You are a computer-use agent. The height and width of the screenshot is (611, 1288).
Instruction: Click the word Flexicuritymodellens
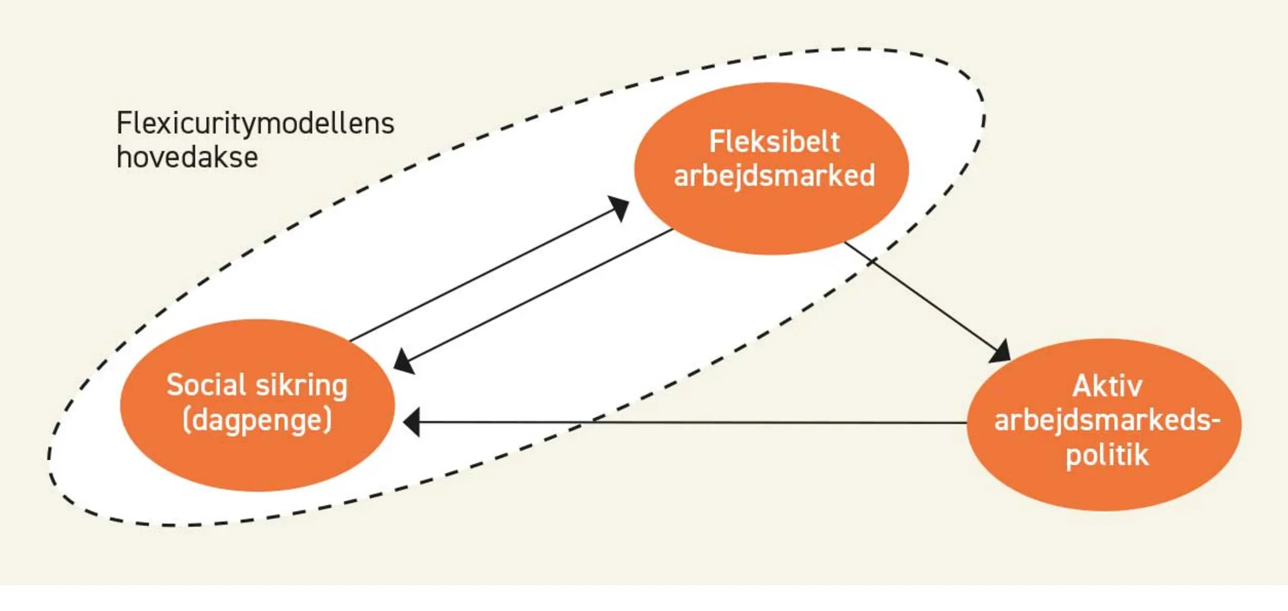(255, 123)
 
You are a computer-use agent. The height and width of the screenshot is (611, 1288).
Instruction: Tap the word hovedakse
(187, 157)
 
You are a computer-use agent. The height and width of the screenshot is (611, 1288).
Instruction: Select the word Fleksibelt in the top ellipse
(774, 142)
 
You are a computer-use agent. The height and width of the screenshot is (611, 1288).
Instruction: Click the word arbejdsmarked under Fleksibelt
(774, 176)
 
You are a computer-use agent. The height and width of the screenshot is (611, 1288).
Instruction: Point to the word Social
(206, 385)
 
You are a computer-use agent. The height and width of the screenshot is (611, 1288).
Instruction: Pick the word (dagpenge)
(257, 420)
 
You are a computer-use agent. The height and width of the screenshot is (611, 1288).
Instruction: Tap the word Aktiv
(1106, 386)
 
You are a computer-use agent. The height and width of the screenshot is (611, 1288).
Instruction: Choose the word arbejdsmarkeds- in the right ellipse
(1106, 420)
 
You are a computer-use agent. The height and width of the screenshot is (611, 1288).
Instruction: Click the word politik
(1106, 455)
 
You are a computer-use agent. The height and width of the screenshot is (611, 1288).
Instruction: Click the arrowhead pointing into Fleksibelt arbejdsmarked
(619, 208)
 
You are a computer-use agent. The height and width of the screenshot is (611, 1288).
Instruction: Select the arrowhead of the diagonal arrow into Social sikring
(404, 361)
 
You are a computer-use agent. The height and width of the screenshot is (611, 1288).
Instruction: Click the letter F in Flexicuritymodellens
(124, 123)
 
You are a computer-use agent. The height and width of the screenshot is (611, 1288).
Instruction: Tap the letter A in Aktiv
(1083, 386)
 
